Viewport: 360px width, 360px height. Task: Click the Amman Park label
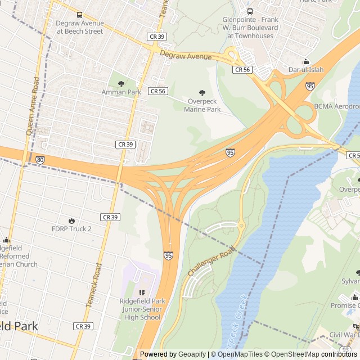[121, 92]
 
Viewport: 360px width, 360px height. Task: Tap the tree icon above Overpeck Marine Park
[202, 93]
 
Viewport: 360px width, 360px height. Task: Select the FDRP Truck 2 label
[71, 229]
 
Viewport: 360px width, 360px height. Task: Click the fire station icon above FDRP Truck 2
[71, 220]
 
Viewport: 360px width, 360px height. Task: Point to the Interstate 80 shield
[39, 160]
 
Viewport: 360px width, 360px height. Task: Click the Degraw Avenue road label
[186, 55]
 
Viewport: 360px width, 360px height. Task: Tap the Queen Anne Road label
[32, 105]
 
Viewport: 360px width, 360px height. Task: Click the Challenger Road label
[210, 263]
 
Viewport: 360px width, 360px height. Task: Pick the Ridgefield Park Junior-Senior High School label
[140, 309]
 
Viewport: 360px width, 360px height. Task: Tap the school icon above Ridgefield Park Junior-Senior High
[142, 292]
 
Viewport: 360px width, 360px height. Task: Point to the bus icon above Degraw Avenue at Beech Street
[79, 15]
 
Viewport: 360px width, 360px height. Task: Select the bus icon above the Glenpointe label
[250, 11]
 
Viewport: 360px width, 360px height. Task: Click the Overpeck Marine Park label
[202, 105]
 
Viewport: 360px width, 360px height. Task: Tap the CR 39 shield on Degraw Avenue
[156, 36]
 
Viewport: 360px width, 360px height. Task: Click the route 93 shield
[344, 349]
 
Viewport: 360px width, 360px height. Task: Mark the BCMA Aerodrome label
[337, 106]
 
